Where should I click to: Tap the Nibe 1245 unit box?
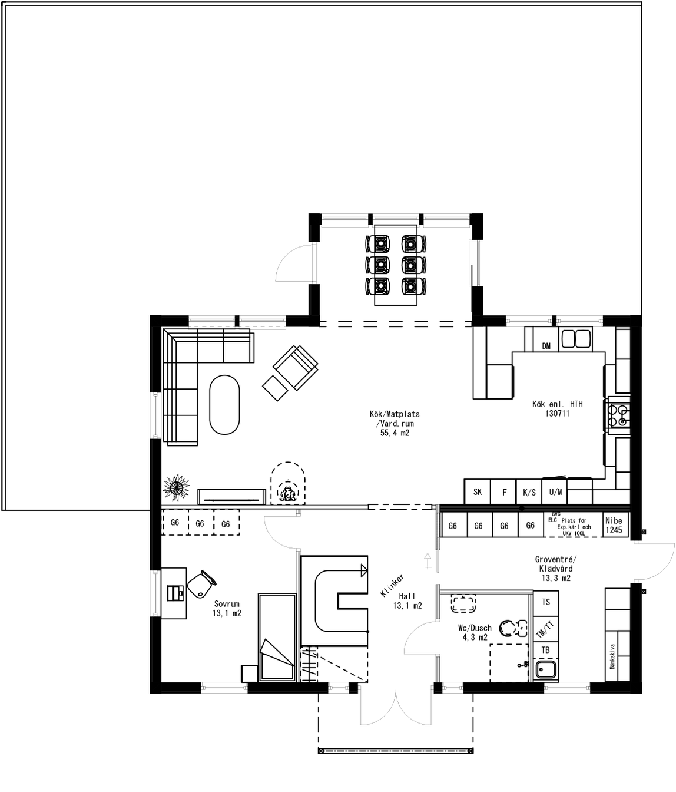click(x=614, y=525)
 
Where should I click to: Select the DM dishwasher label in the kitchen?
click(x=546, y=346)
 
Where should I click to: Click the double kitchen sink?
click(x=576, y=339)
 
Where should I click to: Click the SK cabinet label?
click(x=478, y=491)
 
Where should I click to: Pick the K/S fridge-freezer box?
click(x=529, y=492)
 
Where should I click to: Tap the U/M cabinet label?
click(x=555, y=491)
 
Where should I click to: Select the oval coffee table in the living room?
click(x=224, y=404)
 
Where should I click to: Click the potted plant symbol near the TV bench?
click(x=176, y=486)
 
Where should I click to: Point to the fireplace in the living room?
click(x=288, y=486)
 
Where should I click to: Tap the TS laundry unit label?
click(x=546, y=602)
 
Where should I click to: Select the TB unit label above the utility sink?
click(x=546, y=650)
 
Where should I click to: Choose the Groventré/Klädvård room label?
click(x=556, y=564)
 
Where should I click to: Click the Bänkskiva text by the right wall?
click(x=612, y=656)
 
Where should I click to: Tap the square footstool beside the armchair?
click(x=274, y=388)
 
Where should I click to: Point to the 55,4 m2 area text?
click(x=395, y=433)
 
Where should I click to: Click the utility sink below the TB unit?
click(x=546, y=670)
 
